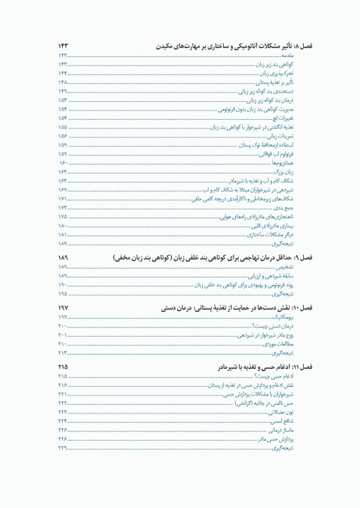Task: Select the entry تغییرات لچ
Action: (292, 118)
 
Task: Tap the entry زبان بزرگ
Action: (292, 171)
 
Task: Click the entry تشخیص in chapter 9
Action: (292, 267)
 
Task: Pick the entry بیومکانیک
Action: (291, 317)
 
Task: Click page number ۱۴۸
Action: (63, 82)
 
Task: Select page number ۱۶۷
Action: (63, 190)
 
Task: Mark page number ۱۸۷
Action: (63, 243)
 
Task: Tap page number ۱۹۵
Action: (63, 293)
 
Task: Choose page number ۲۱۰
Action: (63, 344)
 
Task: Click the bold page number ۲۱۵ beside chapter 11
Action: (63, 366)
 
